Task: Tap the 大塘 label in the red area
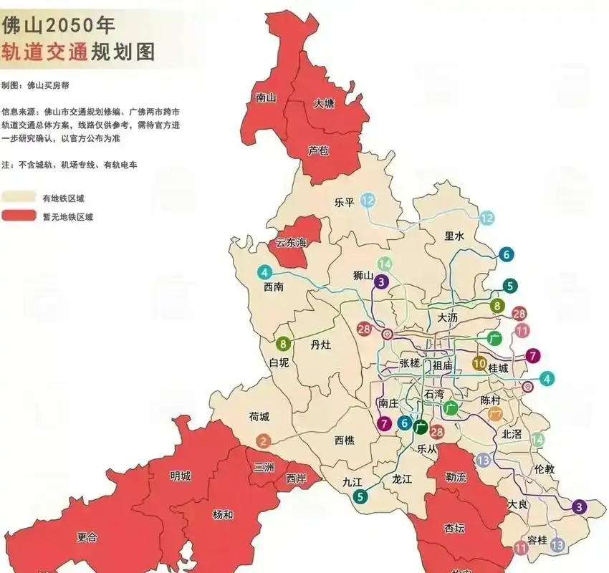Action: [x=324, y=104]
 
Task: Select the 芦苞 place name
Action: [x=318, y=150]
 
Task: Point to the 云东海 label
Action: [x=292, y=243]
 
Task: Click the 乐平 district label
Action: [x=345, y=202]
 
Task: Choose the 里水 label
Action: [x=454, y=236]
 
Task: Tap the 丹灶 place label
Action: [x=321, y=345]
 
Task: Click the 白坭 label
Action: [x=279, y=363]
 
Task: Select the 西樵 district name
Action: [x=345, y=440]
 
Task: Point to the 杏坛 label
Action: [x=454, y=529]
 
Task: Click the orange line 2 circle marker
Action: [x=264, y=441]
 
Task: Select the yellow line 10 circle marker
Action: [x=480, y=362]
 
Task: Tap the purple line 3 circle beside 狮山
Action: [x=382, y=281]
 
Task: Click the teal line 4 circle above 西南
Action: [x=264, y=272]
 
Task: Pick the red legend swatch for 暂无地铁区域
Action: [x=19, y=216]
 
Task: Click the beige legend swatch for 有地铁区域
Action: [x=19, y=198]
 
